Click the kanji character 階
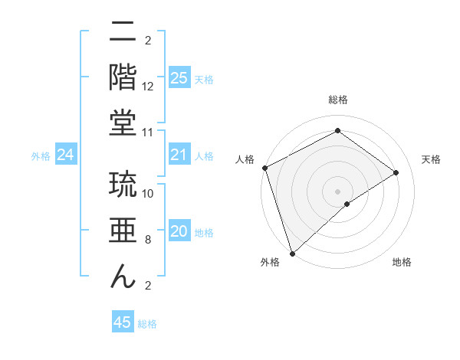(123, 77)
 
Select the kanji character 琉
(123, 185)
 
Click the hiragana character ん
(123, 278)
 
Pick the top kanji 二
(123, 32)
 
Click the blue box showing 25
(179, 77)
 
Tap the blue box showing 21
(179, 155)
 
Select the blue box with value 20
(179, 231)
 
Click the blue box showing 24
(66, 155)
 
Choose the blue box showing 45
(123, 322)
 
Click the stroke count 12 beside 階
(149, 86)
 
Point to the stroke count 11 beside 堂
(149, 133)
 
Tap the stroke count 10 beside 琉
(149, 193)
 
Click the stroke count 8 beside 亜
(148, 240)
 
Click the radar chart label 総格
(337, 100)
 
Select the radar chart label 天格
(432, 159)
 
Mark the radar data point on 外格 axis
(291, 253)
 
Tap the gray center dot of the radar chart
(337, 190)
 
